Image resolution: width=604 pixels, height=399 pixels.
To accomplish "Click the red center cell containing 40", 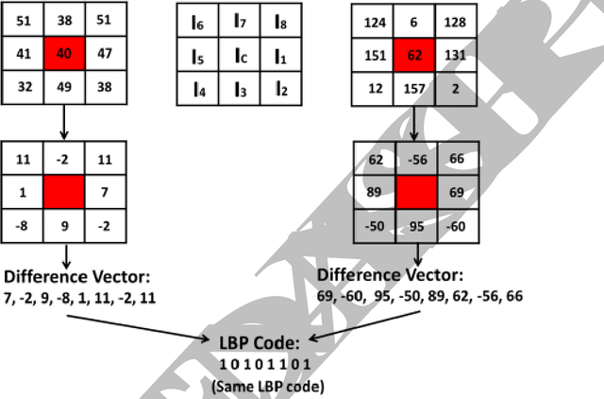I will point(64,54).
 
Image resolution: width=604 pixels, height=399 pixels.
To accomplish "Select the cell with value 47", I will point(104,54).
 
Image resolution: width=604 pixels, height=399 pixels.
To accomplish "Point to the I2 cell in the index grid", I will point(279,90).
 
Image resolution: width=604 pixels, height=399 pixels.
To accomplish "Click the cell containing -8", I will point(24,226).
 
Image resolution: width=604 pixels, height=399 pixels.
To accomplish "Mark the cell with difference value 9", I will point(64,226).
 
